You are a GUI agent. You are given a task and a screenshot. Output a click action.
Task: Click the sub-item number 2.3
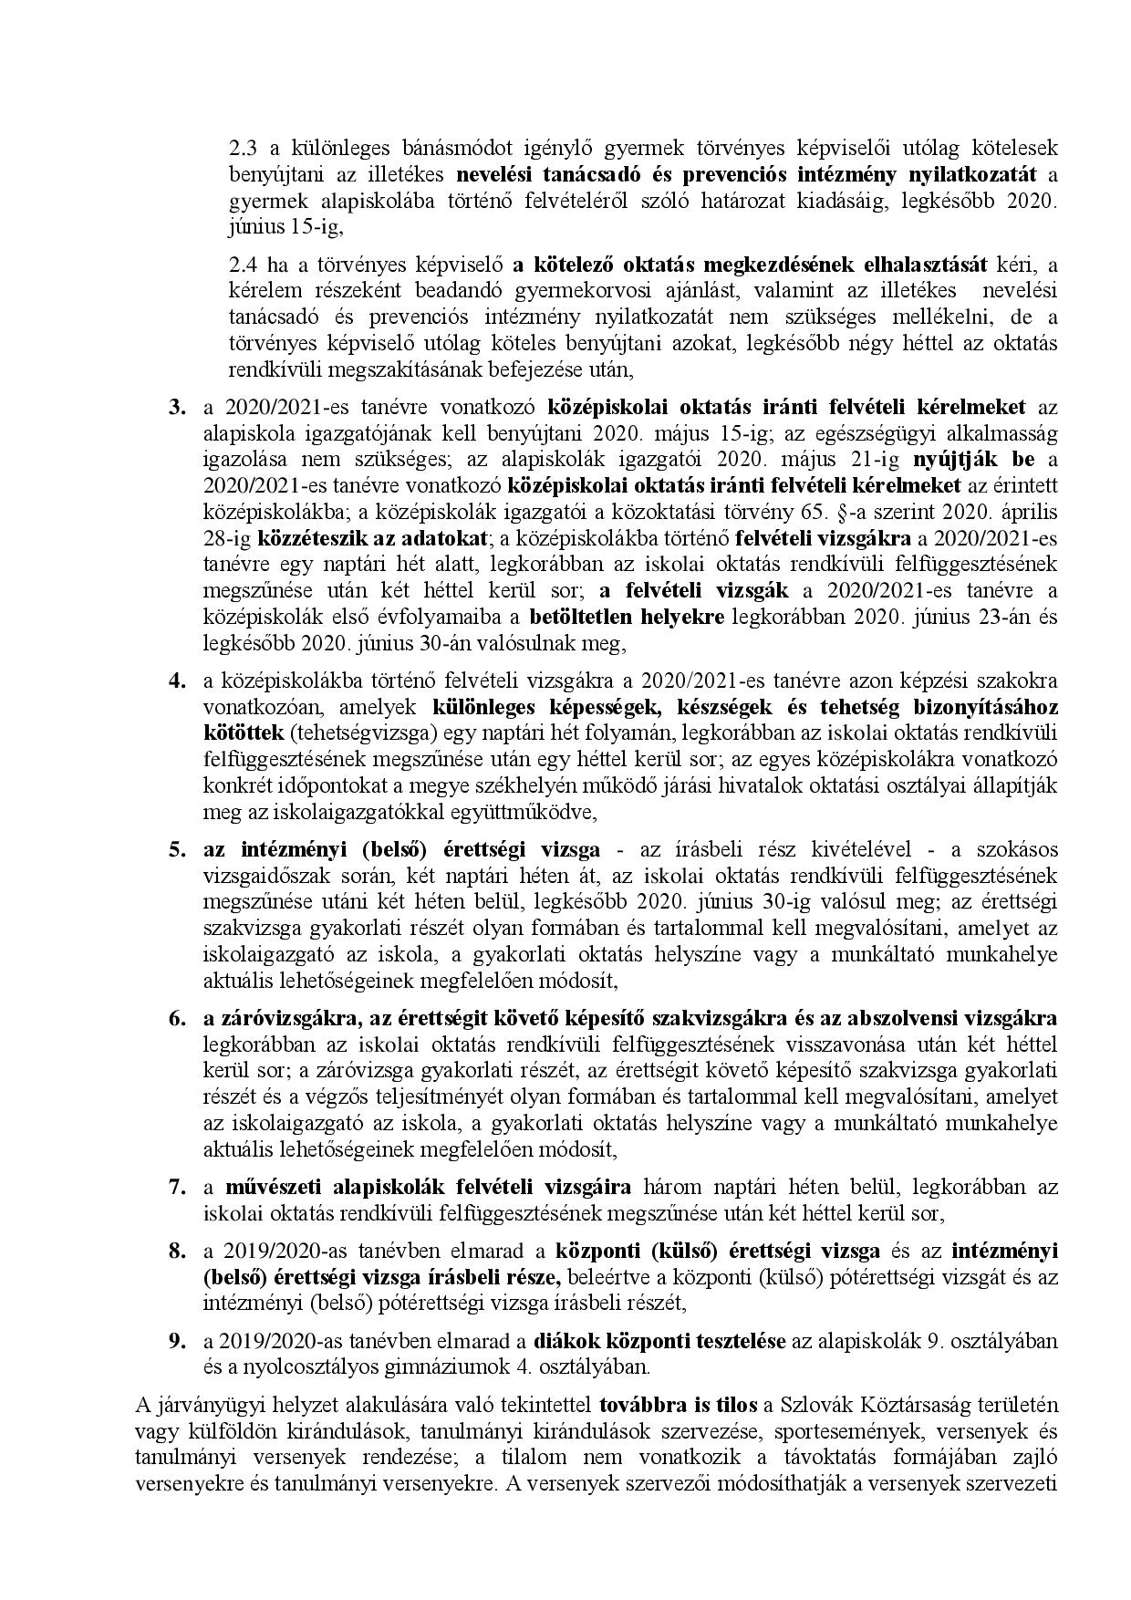(241, 148)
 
